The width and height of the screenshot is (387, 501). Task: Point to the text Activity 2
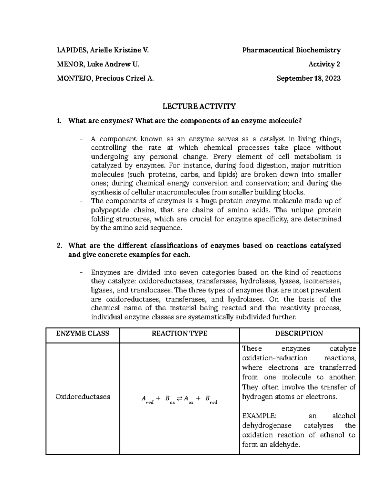click(324, 64)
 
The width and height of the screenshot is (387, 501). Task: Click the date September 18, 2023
click(309, 78)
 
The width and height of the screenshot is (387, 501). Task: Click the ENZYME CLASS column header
click(83, 334)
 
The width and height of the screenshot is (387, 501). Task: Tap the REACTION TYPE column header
click(179, 334)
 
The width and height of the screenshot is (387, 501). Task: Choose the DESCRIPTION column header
click(299, 334)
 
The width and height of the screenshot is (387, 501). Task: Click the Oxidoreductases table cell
click(83, 396)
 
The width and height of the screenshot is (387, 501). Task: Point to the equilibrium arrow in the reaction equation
click(180, 399)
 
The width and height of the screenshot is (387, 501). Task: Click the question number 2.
click(59, 245)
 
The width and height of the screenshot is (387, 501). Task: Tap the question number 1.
click(58, 121)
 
